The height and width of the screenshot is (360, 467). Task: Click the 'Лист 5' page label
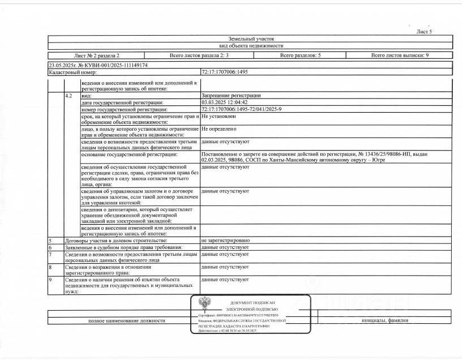tap(424, 32)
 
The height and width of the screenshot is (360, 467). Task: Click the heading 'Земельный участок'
tap(250, 38)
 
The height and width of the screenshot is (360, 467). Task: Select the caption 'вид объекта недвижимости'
tap(250, 46)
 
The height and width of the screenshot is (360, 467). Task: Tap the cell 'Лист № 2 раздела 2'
tap(96, 55)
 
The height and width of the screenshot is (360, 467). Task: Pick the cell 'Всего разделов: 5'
tap(300, 55)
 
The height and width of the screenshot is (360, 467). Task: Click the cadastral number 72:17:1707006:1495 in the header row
tap(225, 72)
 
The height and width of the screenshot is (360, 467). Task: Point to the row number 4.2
tap(68, 96)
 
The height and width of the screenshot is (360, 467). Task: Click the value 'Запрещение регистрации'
tap(231, 96)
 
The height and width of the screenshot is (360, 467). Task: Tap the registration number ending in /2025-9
tap(241, 109)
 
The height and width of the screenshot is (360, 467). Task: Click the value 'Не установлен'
tap(218, 115)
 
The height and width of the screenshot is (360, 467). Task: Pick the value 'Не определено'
tap(218, 128)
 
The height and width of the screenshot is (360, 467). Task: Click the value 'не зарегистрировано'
tap(225, 241)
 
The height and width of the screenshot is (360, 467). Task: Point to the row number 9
tap(50, 280)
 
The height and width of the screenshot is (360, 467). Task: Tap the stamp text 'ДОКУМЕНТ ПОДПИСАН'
tap(252, 303)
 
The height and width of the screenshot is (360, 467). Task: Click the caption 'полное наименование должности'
tap(126, 320)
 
